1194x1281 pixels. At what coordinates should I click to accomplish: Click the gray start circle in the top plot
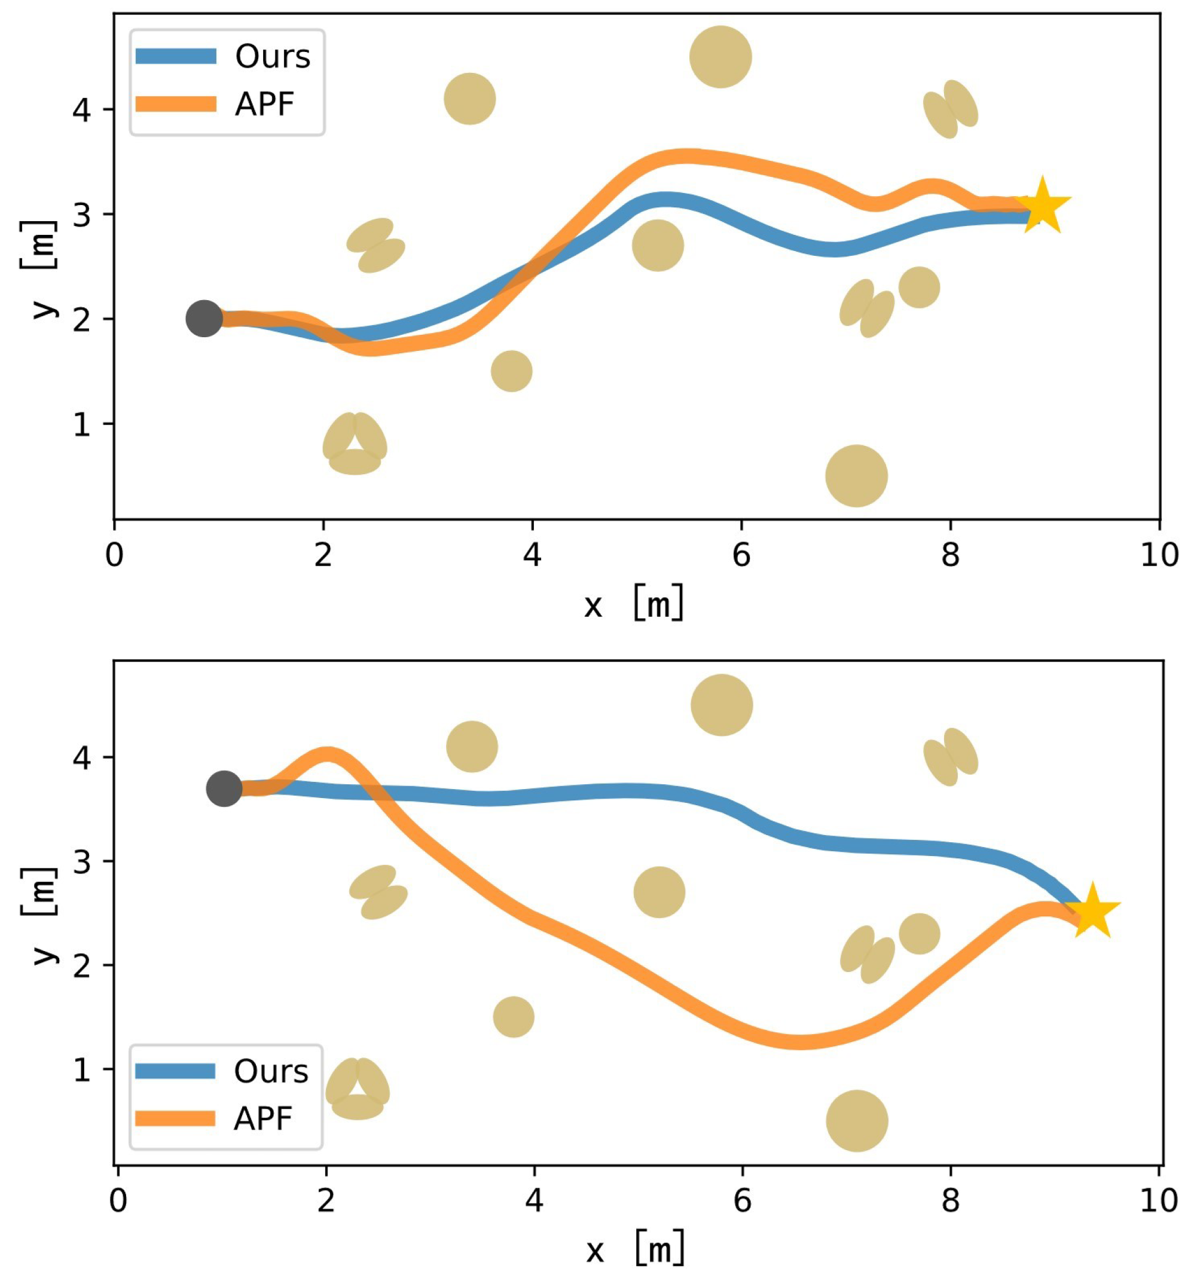click(x=204, y=319)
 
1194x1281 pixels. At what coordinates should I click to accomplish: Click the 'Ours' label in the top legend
click(x=272, y=57)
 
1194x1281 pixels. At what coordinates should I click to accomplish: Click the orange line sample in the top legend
click(x=176, y=104)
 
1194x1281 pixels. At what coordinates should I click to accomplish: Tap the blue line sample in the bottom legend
click(x=175, y=1071)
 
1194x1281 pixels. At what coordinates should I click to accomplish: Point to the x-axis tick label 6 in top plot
click(x=741, y=555)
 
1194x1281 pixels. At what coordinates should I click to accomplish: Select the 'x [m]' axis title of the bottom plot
click(x=635, y=1249)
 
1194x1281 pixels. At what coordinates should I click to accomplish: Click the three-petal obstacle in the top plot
click(x=355, y=445)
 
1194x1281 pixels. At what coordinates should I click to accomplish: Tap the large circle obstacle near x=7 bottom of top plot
click(x=856, y=476)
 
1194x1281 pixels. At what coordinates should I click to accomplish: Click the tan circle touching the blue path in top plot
click(x=657, y=246)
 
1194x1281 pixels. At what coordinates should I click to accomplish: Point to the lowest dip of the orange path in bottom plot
click(x=799, y=1042)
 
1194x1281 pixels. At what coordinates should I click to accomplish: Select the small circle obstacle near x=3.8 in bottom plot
click(x=513, y=1017)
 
